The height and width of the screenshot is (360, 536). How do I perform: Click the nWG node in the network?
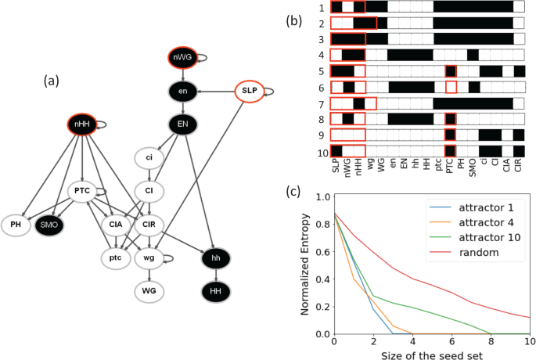[x=182, y=58]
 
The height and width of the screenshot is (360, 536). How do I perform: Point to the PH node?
[x=16, y=225]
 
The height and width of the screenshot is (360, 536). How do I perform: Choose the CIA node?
[x=115, y=225]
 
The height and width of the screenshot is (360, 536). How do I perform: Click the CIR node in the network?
[x=149, y=225]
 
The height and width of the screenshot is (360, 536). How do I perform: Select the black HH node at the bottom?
[x=215, y=291]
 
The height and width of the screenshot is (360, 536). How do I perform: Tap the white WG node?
[x=149, y=291]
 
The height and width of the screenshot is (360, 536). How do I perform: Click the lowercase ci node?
[x=149, y=157]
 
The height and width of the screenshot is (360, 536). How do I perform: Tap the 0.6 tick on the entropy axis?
[x=322, y=251]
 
